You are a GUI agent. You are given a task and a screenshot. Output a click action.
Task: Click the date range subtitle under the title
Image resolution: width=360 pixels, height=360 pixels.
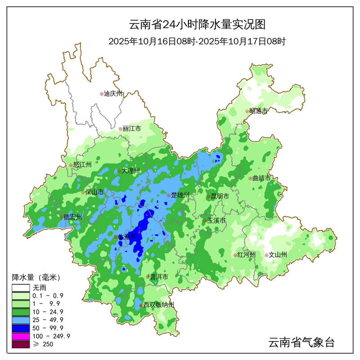(x=197, y=41)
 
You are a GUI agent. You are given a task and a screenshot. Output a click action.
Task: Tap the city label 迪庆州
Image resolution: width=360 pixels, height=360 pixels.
(x=113, y=94)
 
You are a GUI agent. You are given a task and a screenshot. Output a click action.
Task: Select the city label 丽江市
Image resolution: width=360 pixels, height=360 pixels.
(x=131, y=129)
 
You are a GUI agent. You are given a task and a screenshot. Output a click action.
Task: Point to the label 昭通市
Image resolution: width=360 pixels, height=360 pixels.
(x=258, y=111)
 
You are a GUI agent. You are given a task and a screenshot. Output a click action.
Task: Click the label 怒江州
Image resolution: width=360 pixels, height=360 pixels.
(x=82, y=165)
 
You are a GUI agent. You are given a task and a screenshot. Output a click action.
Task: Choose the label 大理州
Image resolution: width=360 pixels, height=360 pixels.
(x=131, y=171)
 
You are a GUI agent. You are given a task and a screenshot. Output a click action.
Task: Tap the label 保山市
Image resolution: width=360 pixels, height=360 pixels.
(x=94, y=192)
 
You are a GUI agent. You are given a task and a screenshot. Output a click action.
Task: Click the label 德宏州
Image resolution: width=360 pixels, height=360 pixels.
(x=73, y=217)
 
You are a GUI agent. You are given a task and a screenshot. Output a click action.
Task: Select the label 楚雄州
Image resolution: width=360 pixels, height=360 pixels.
(x=180, y=195)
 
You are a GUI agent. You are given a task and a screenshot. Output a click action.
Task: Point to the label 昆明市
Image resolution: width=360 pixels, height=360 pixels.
(x=220, y=196)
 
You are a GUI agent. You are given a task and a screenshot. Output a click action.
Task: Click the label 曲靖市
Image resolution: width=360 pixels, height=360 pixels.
(x=261, y=178)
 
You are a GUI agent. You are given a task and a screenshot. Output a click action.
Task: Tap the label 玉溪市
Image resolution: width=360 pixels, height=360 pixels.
(x=216, y=221)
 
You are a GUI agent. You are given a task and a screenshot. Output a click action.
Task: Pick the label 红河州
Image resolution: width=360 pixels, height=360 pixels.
(x=247, y=255)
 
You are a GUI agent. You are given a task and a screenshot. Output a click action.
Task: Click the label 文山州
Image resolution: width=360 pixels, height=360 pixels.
(x=278, y=255)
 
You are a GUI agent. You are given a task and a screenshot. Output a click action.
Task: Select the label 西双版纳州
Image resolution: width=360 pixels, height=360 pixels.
(x=158, y=305)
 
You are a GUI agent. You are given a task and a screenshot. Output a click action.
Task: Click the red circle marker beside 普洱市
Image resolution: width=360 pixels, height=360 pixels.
(x=148, y=277)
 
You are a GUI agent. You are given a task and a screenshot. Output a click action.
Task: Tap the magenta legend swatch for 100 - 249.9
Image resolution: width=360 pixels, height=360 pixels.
(x=20, y=336)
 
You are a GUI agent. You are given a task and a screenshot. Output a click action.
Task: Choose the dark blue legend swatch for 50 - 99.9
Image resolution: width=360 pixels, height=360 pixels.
(x=20, y=328)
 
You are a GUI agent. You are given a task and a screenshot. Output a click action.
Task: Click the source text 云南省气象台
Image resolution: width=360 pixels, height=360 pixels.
(x=301, y=342)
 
